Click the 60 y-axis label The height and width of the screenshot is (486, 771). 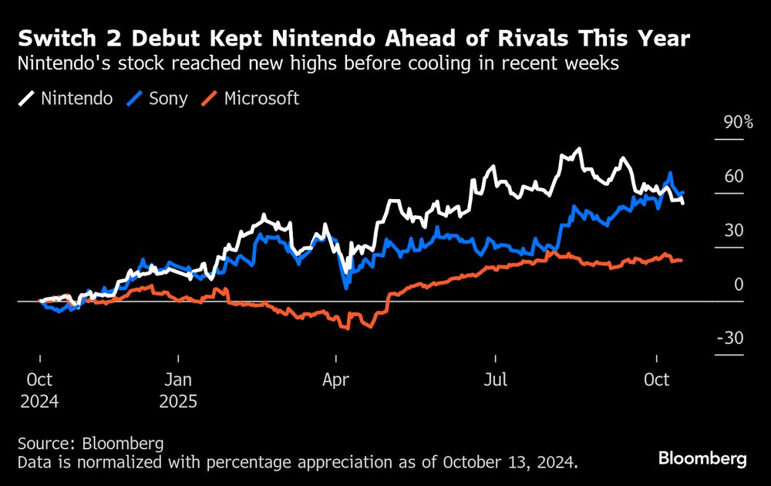pos(734,177)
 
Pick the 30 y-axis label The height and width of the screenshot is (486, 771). pos(734,231)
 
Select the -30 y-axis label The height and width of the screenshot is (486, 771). pos(730,339)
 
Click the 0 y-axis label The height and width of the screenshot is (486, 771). pos(739,285)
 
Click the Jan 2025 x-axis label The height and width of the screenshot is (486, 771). pos(178,391)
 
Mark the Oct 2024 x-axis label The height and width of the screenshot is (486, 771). pos(39,391)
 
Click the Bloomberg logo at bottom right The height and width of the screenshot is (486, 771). pos(702,459)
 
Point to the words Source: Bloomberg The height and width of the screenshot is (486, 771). pos(89,444)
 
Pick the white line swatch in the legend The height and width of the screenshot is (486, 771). pos(28,99)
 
